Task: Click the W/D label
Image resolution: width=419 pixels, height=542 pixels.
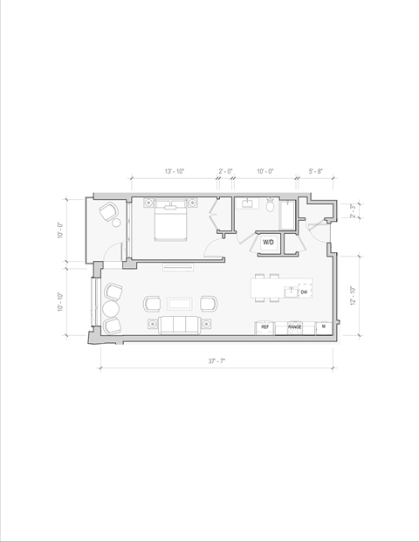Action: pos(268,242)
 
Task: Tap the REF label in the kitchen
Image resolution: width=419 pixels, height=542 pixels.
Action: pos(264,327)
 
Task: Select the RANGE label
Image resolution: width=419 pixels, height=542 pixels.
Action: pos(295,327)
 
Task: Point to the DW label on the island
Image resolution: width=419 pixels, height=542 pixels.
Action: pos(303,292)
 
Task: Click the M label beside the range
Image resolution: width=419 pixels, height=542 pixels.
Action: pos(323,326)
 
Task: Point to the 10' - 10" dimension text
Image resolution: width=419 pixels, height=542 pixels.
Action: pos(61,301)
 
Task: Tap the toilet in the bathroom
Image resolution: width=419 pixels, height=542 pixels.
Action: pos(271,208)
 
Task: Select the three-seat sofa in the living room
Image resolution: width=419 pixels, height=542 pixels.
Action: pos(180,325)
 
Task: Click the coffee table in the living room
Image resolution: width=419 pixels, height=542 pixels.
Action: pos(181,304)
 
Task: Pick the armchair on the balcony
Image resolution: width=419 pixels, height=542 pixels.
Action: pos(110,212)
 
